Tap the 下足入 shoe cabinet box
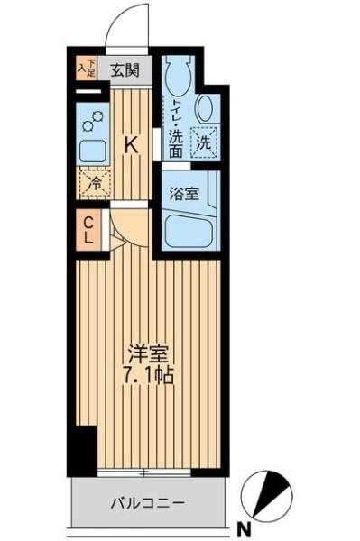[x=86, y=67]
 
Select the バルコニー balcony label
[x=149, y=501]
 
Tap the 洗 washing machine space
[x=205, y=142]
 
